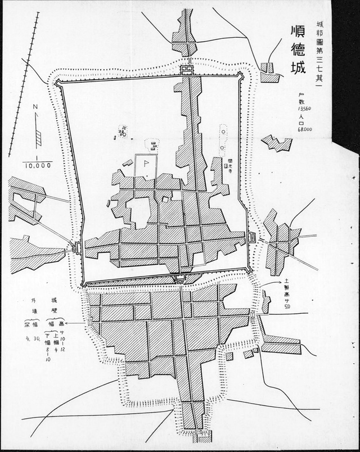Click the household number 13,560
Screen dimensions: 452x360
click(297, 107)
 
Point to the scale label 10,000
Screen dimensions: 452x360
click(38, 165)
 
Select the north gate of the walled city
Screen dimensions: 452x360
click(187, 70)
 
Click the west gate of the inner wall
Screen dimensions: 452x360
click(76, 247)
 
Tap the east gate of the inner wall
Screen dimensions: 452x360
click(251, 237)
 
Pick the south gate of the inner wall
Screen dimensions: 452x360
click(180, 278)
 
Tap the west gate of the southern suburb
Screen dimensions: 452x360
click(90, 322)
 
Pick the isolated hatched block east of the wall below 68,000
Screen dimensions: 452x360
click(277, 143)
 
